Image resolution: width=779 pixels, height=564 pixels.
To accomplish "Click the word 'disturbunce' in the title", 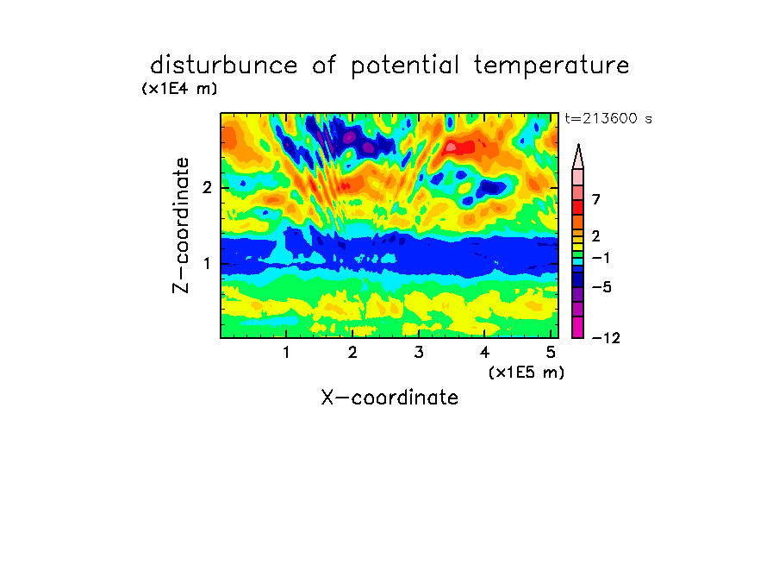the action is (x=224, y=66).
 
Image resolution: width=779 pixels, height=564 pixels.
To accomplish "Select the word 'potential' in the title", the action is (x=405, y=66).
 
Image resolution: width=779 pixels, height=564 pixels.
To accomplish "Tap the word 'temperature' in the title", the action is (x=552, y=66).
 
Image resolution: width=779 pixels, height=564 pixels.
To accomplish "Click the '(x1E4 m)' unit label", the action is (x=179, y=89).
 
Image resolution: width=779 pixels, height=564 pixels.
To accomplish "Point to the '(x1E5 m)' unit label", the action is (x=527, y=372).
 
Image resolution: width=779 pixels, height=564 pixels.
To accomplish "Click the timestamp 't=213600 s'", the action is (x=608, y=118).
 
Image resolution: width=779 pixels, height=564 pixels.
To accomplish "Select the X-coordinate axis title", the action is (x=389, y=398).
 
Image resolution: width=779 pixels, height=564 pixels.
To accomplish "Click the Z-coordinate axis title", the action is (x=181, y=225).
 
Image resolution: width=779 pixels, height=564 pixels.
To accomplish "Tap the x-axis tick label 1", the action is (x=286, y=353).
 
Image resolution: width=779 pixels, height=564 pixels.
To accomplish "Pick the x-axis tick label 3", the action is (x=419, y=353).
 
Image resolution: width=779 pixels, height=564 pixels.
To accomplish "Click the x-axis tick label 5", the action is (x=551, y=353).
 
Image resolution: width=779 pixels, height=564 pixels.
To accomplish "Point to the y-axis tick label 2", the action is (x=207, y=187).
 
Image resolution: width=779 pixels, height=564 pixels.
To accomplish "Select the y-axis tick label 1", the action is (x=207, y=263).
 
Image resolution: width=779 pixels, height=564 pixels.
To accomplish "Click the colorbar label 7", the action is (x=596, y=200).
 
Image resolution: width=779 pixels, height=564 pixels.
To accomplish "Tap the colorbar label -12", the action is (x=606, y=338).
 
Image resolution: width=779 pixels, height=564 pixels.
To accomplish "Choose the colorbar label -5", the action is (x=601, y=287).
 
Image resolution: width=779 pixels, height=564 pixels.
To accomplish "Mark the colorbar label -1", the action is (x=601, y=258).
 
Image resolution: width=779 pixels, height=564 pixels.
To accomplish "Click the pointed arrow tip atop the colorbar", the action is (x=578, y=145).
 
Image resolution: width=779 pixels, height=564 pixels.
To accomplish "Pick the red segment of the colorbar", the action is (x=578, y=207).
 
